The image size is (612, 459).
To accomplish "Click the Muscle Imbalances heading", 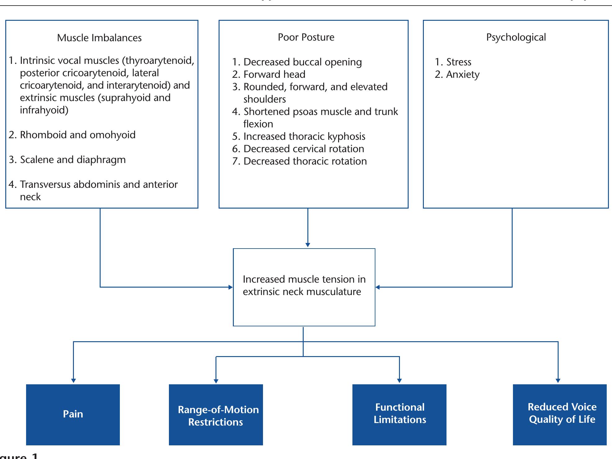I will (99, 38).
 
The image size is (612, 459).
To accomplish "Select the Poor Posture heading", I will (306, 37).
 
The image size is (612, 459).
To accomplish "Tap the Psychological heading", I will (516, 37).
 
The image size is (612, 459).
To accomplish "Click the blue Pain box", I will (73, 414).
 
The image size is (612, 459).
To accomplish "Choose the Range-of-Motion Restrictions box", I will (216, 415).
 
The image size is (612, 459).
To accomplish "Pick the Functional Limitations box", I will (399, 414).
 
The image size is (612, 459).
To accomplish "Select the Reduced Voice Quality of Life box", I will (560, 414).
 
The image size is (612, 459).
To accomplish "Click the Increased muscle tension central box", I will (304, 287).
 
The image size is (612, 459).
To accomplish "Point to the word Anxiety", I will (463, 75).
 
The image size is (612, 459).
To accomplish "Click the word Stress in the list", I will (459, 62).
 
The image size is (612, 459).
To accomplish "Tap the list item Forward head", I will (274, 75).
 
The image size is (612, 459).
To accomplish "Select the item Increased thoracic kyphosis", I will (304, 137).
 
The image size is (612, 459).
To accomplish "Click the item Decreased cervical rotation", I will (303, 149).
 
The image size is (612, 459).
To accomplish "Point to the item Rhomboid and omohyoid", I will (78, 135).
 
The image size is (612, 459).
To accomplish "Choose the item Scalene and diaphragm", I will (73, 160).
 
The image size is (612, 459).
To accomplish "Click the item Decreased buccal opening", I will (302, 62).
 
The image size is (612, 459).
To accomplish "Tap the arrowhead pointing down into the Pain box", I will (73, 381).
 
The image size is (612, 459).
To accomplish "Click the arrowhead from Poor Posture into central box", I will (308, 245).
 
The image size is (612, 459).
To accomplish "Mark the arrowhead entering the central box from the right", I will (378, 287).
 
